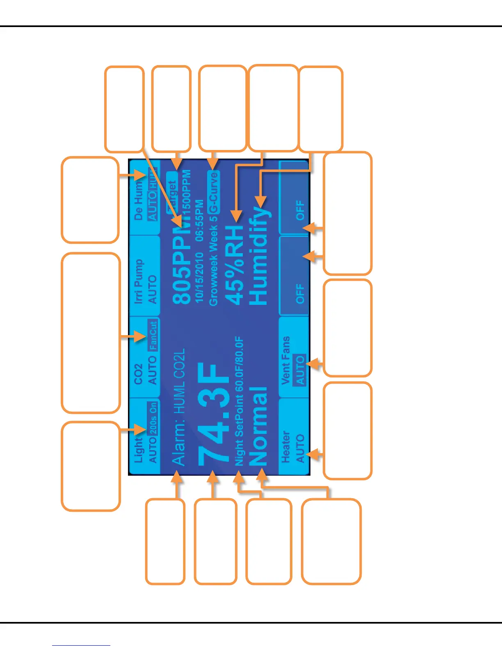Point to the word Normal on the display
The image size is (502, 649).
258,426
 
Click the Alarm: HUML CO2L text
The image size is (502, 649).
178,408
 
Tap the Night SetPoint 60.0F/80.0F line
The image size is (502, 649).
240,402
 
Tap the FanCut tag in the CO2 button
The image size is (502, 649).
153,336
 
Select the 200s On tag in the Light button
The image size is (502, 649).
153,418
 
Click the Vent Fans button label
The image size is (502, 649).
286,361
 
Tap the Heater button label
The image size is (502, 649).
285,447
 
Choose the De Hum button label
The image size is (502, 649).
139,201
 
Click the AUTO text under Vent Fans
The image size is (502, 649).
300,370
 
